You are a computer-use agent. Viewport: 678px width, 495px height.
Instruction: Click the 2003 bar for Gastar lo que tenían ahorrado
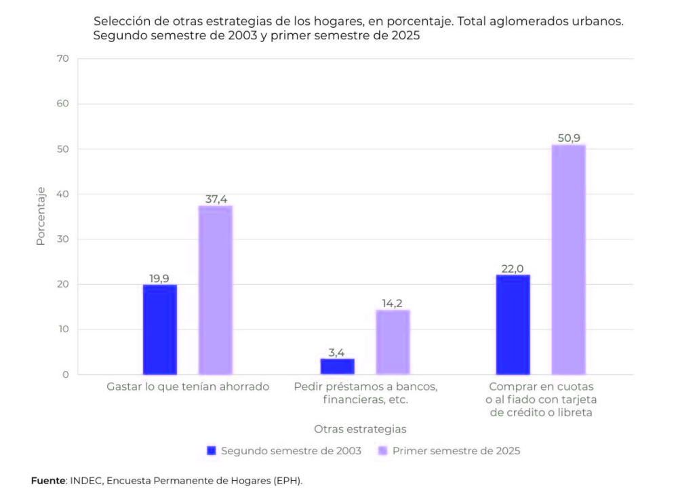(x=160, y=330)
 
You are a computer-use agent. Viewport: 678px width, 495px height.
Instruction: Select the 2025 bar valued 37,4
(x=215, y=290)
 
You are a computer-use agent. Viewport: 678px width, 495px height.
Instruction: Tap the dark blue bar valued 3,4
(x=337, y=367)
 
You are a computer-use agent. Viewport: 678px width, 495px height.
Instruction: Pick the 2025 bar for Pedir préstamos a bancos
(x=393, y=342)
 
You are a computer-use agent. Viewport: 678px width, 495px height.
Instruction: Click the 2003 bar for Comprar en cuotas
(x=513, y=325)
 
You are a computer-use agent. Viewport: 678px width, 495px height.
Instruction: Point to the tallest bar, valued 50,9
(x=568, y=260)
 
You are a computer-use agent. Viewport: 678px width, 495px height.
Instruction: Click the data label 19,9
(x=159, y=278)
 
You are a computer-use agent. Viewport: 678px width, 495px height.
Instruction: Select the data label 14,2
(x=393, y=303)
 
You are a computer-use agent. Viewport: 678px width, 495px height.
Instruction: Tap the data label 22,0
(x=513, y=269)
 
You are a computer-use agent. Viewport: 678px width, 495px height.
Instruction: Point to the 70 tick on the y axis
(x=63, y=59)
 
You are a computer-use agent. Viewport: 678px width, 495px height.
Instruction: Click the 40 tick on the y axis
(x=63, y=194)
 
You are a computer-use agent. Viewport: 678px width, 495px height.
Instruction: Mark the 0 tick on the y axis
(x=66, y=374)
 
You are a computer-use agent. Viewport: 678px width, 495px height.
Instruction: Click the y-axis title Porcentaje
(x=41, y=216)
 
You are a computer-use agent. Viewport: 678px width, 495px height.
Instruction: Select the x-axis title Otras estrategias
(x=360, y=429)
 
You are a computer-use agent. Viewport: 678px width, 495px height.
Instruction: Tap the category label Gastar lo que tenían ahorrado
(x=188, y=387)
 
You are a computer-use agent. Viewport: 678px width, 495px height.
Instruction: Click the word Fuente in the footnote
(x=48, y=481)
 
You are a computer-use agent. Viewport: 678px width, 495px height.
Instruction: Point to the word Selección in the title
(x=120, y=22)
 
